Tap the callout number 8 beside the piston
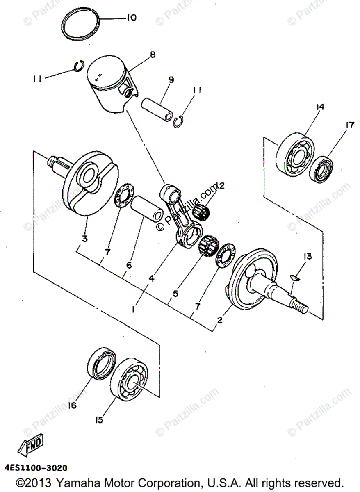[x=153, y=54]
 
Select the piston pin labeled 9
[x=157, y=109]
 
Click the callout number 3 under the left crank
[x=84, y=239]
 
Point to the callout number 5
[x=175, y=294]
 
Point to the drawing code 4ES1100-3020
[x=36, y=468]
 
